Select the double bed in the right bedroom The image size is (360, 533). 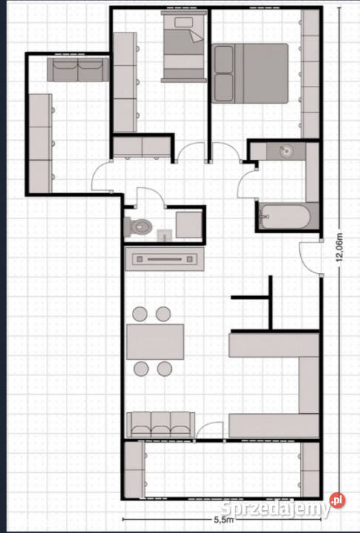point(250,72)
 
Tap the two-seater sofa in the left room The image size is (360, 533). point(78,70)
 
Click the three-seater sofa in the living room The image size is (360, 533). point(159,424)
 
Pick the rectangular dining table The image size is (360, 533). point(156,341)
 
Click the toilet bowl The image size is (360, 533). point(140,225)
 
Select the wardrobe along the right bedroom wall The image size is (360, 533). point(310,74)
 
